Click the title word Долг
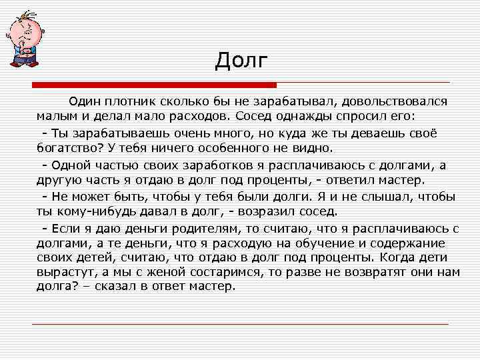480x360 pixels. [241, 61]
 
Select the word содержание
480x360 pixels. [414, 244]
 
